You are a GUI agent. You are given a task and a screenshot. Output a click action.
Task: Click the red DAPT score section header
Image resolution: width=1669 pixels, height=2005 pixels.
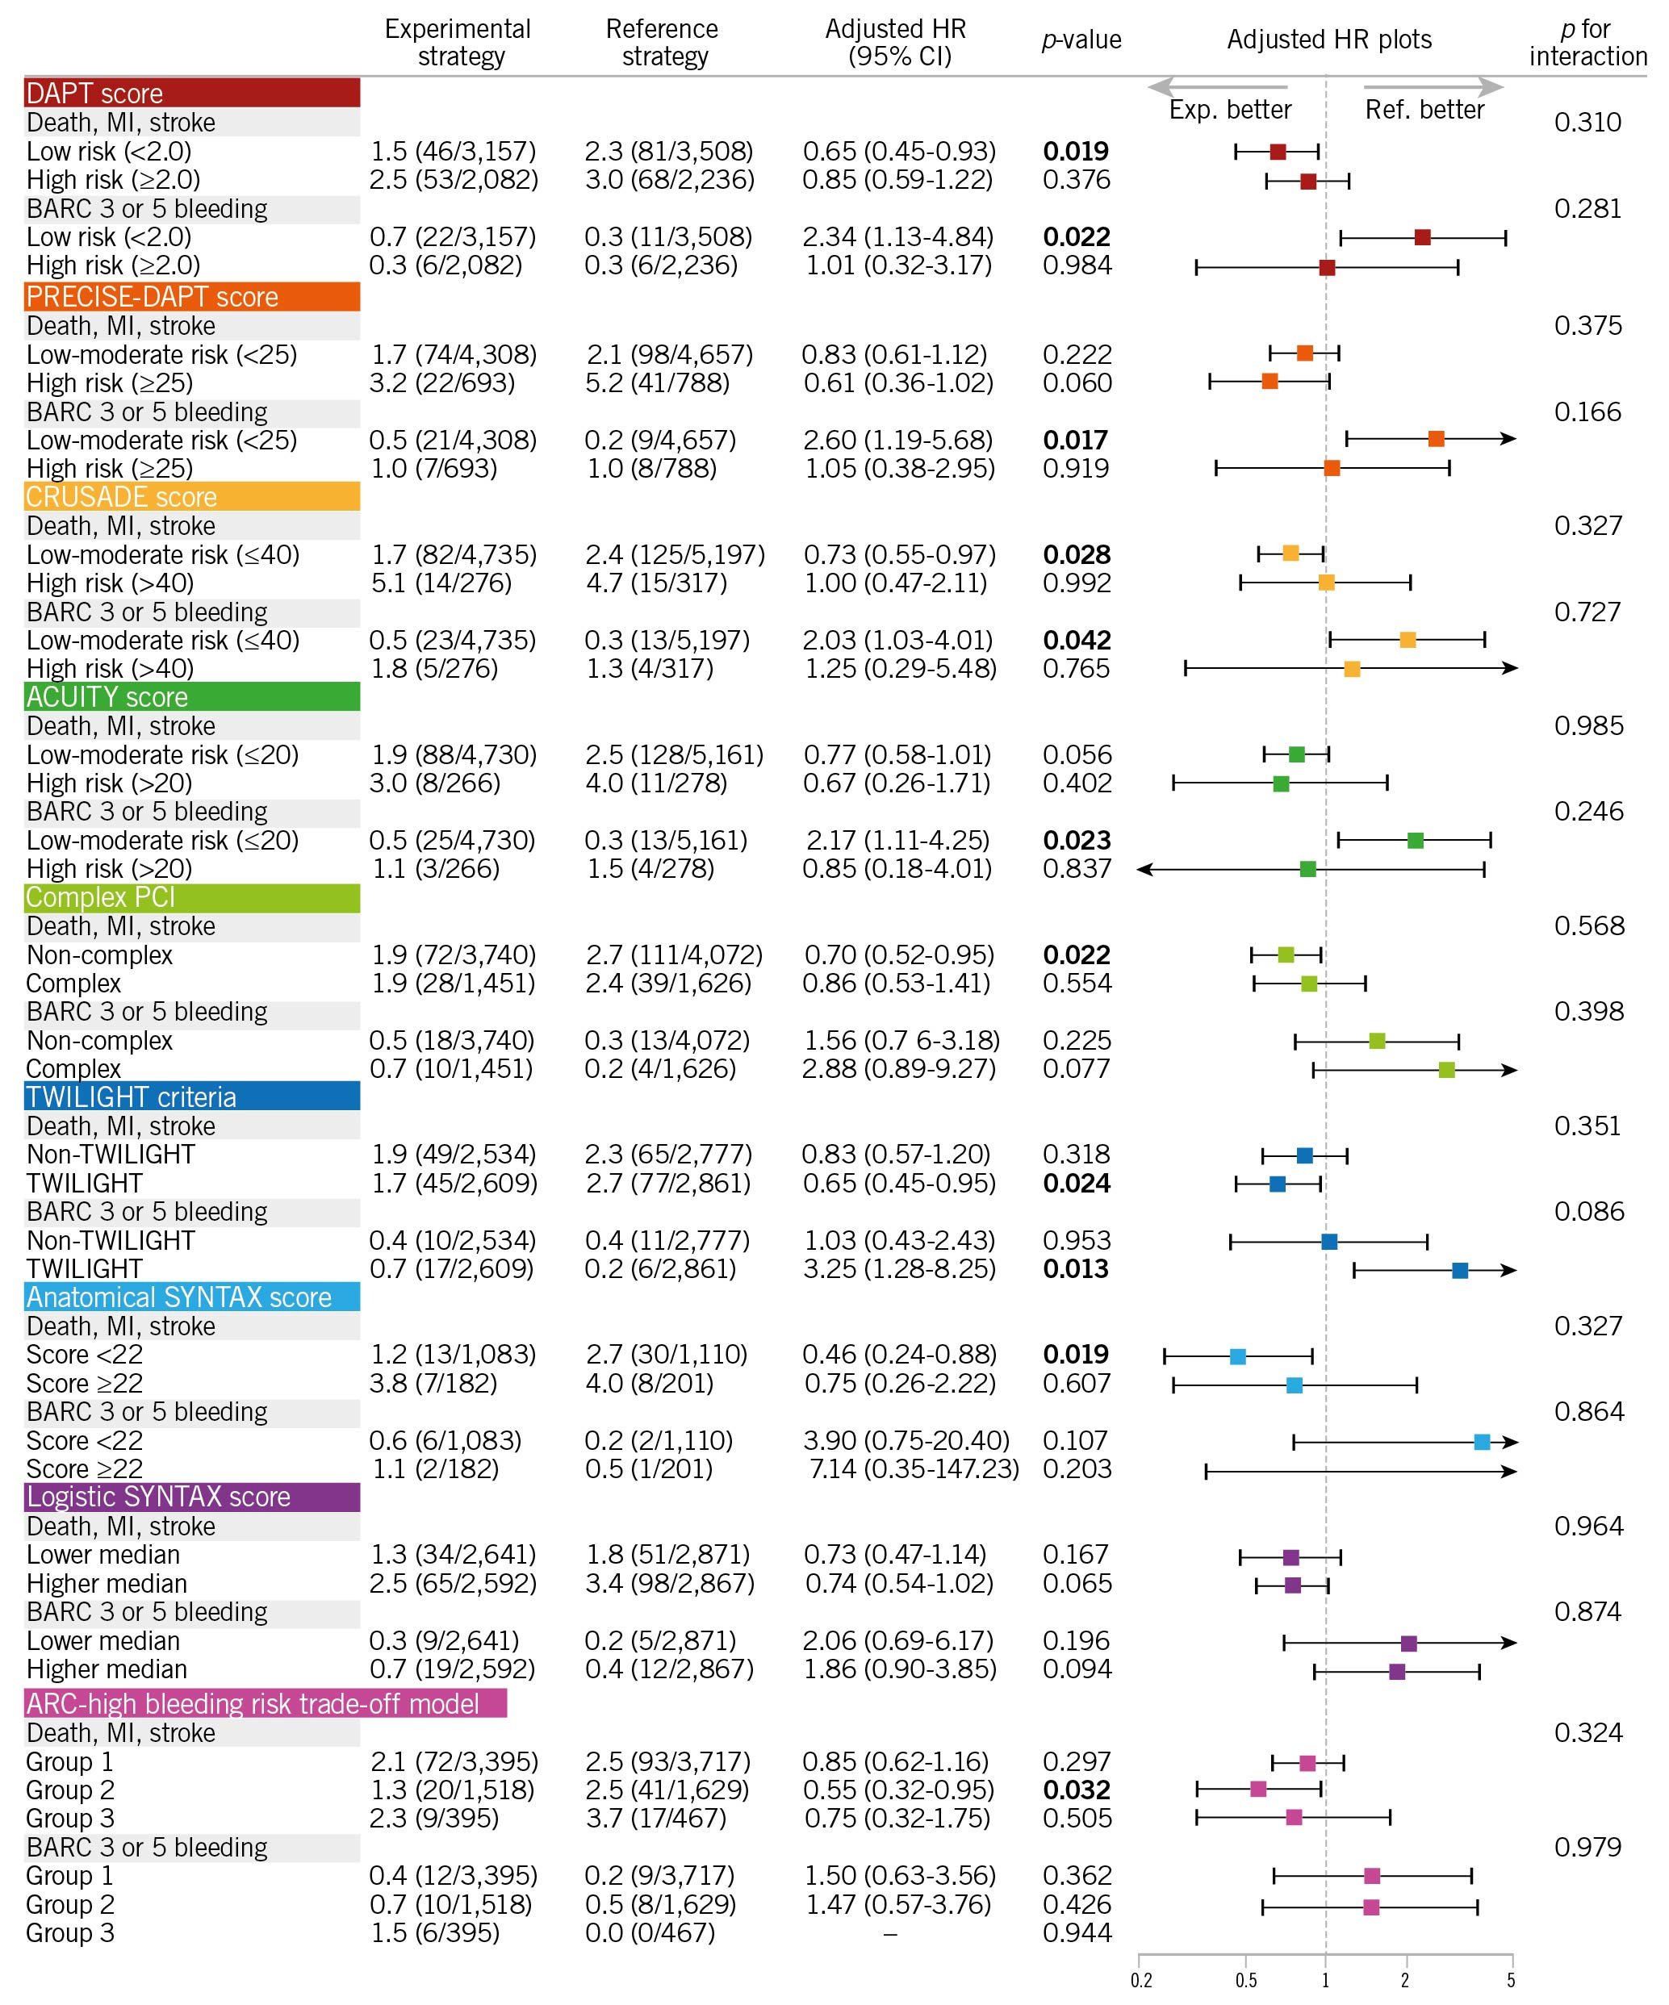tap(191, 93)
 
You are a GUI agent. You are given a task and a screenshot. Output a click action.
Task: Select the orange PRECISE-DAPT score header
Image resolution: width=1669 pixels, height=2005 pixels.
tap(191, 296)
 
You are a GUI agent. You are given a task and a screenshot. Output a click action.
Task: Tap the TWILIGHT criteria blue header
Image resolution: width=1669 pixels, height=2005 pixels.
tap(191, 1096)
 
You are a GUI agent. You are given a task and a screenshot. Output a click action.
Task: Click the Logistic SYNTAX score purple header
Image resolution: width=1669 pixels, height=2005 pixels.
tap(191, 1496)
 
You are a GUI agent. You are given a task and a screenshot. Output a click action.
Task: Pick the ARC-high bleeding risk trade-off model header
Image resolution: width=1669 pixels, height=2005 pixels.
tap(265, 1703)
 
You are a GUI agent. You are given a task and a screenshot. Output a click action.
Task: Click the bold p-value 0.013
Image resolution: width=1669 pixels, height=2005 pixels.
tap(1076, 1269)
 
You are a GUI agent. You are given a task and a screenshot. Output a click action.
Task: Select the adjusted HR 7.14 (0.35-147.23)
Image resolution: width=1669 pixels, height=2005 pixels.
tap(914, 1468)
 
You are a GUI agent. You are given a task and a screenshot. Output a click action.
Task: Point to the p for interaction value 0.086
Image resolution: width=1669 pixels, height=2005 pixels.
tap(1587, 1212)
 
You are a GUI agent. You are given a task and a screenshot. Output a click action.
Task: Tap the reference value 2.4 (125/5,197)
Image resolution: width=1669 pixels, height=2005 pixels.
tap(675, 555)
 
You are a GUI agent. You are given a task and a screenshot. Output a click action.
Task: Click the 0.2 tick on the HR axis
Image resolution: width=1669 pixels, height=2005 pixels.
tap(1141, 1981)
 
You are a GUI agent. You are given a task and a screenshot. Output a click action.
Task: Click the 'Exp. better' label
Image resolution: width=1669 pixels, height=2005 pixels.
tap(1230, 110)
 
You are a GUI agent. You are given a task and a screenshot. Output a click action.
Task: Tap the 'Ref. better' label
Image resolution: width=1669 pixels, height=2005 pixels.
tap(1424, 110)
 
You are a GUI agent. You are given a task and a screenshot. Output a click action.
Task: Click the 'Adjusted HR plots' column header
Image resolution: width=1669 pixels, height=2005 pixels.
tap(1329, 40)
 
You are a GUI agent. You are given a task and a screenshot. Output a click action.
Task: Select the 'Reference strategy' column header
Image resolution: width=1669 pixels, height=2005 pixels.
tap(663, 42)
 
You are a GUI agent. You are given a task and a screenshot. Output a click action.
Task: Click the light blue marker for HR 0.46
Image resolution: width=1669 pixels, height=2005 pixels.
tap(1237, 1355)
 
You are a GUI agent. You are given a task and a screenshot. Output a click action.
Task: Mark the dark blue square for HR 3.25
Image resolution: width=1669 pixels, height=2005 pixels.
tap(1460, 1270)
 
